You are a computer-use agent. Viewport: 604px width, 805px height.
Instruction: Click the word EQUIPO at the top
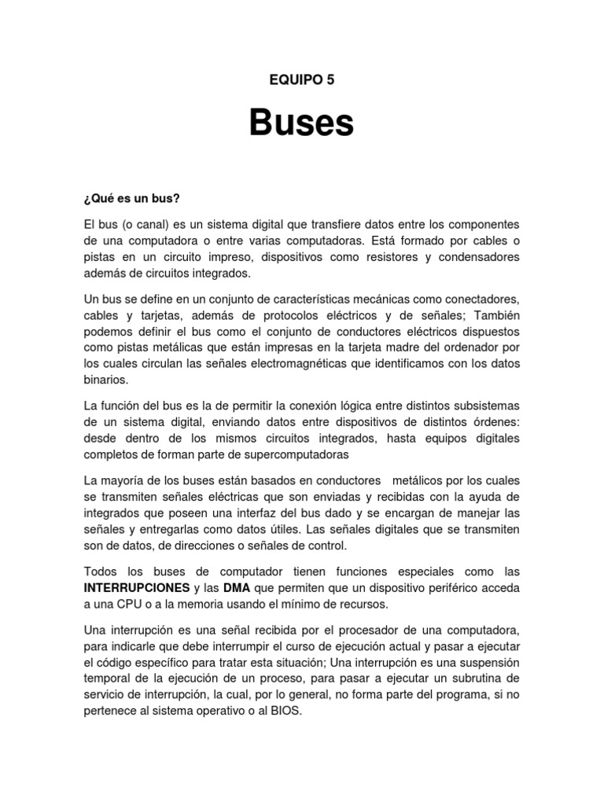pyautogui.click(x=290, y=79)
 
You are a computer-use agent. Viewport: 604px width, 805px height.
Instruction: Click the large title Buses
pyautogui.click(x=302, y=123)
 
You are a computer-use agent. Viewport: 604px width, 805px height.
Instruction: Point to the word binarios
pyautogui.click(x=105, y=380)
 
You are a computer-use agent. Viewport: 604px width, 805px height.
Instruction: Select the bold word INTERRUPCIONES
pyautogui.click(x=136, y=587)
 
